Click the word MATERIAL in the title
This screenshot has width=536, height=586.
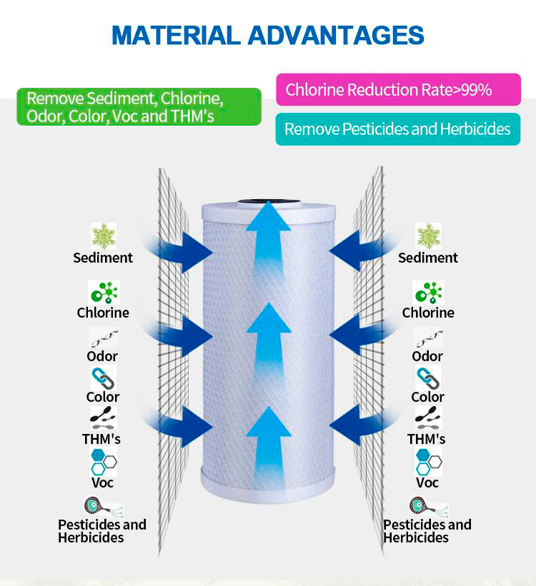176,35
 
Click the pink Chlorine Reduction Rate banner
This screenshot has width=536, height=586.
398,90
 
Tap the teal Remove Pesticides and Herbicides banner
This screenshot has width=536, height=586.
398,129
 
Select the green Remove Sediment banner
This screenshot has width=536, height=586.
139,107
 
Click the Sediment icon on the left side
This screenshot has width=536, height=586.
104,236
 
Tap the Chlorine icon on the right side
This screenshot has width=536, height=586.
429,292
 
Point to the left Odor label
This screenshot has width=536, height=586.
102,356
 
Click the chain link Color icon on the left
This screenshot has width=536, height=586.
104,378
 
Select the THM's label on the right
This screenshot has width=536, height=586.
427,439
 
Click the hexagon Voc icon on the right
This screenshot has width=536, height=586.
429,462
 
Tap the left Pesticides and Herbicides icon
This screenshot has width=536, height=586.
103,507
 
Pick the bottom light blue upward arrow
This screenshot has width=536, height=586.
269,445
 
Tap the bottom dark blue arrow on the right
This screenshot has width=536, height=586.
363,426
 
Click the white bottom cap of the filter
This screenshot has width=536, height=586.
268,482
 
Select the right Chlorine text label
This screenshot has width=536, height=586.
428,313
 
